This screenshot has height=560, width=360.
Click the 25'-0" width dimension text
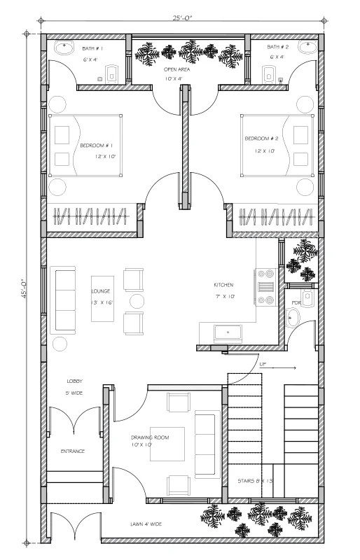coord(182,17)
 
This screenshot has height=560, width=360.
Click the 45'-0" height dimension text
coord(24,288)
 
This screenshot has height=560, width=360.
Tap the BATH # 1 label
coord(92,48)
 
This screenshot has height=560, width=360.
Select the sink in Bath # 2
coord(307,47)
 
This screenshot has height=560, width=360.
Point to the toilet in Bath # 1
coord(112,74)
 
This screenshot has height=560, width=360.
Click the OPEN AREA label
coord(176,69)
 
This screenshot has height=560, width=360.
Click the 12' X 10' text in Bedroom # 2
coord(265,151)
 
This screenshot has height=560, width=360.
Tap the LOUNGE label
coord(101,291)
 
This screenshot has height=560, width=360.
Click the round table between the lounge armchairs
coord(137,301)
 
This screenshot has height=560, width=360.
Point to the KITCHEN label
coord(223,285)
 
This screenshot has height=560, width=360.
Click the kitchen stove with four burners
coord(265,288)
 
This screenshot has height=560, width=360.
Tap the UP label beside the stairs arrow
coord(263,365)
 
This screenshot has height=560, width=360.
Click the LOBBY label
coord(74,381)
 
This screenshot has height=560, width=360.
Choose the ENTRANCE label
coord(73,451)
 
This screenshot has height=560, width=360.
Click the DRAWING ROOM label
coord(150,437)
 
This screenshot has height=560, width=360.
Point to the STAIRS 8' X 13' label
coord(255,481)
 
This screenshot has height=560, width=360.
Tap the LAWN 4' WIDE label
coord(146,524)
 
